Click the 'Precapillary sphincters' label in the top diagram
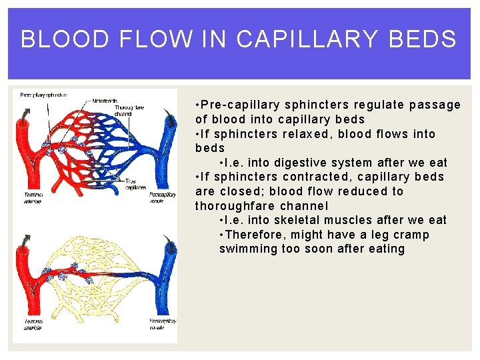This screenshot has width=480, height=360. coord(43,95)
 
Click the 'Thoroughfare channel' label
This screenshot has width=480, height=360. coord(130,110)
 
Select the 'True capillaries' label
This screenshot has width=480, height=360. coord(136,184)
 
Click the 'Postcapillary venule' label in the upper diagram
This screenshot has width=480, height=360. coord(163,197)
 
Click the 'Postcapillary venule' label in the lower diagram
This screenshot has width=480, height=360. coord(163,325)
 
